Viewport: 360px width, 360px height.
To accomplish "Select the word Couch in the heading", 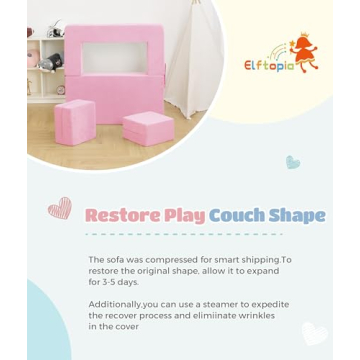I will (236, 216).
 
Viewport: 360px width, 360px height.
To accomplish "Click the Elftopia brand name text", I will (267, 66).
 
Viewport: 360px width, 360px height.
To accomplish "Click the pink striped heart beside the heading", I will (61, 208).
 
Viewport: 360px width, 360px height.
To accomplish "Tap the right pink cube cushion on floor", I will (148, 128).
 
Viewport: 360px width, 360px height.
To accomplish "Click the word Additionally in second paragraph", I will (114, 304).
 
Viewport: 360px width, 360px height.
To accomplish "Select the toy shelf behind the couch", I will (46, 65).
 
